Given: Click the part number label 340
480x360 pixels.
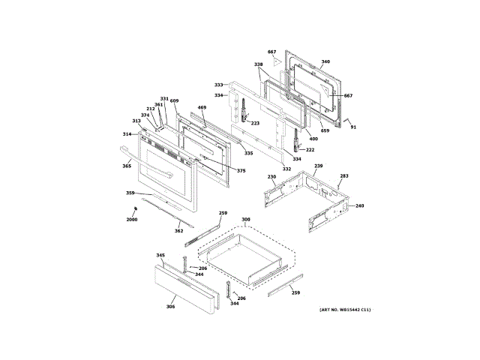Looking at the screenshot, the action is [325, 61].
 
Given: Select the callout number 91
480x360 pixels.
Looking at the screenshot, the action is [353, 127].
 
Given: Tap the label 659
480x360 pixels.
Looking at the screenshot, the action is [325, 131].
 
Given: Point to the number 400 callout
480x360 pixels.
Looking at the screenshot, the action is [313, 139].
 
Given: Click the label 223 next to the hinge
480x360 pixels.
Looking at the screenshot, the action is [255, 123].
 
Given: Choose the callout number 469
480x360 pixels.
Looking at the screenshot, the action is [202, 108].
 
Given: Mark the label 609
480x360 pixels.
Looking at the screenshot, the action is [174, 100].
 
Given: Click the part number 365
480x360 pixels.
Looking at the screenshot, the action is [127, 166].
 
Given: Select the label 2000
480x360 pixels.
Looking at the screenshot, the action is [132, 219].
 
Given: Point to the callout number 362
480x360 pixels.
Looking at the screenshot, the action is [178, 230].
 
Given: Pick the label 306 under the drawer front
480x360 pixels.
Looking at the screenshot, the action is [170, 306].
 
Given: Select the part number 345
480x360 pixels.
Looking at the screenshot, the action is [160, 256].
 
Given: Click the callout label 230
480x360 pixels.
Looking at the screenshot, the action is [272, 177].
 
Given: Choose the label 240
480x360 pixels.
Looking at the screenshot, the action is [359, 205].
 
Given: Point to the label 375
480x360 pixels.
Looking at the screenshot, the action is [241, 171].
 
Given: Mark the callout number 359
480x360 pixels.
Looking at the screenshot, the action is [130, 193].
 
